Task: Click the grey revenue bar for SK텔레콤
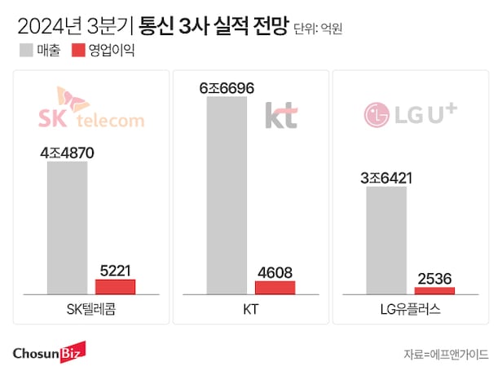pyautogui.click(x=67, y=227)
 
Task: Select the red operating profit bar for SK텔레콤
pyautogui.click(x=115, y=286)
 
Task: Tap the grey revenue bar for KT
pyautogui.click(x=227, y=195)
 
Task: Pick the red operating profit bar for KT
pyautogui.click(x=275, y=287)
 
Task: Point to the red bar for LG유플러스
pyautogui.click(x=434, y=290)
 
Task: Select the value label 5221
pyautogui.click(x=115, y=268)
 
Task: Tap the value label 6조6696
pyautogui.click(x=227, y=86)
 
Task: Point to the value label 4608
pyautogui.click(x=275, y=272)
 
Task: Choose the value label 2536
pyautogui.click(x=434, y=277)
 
